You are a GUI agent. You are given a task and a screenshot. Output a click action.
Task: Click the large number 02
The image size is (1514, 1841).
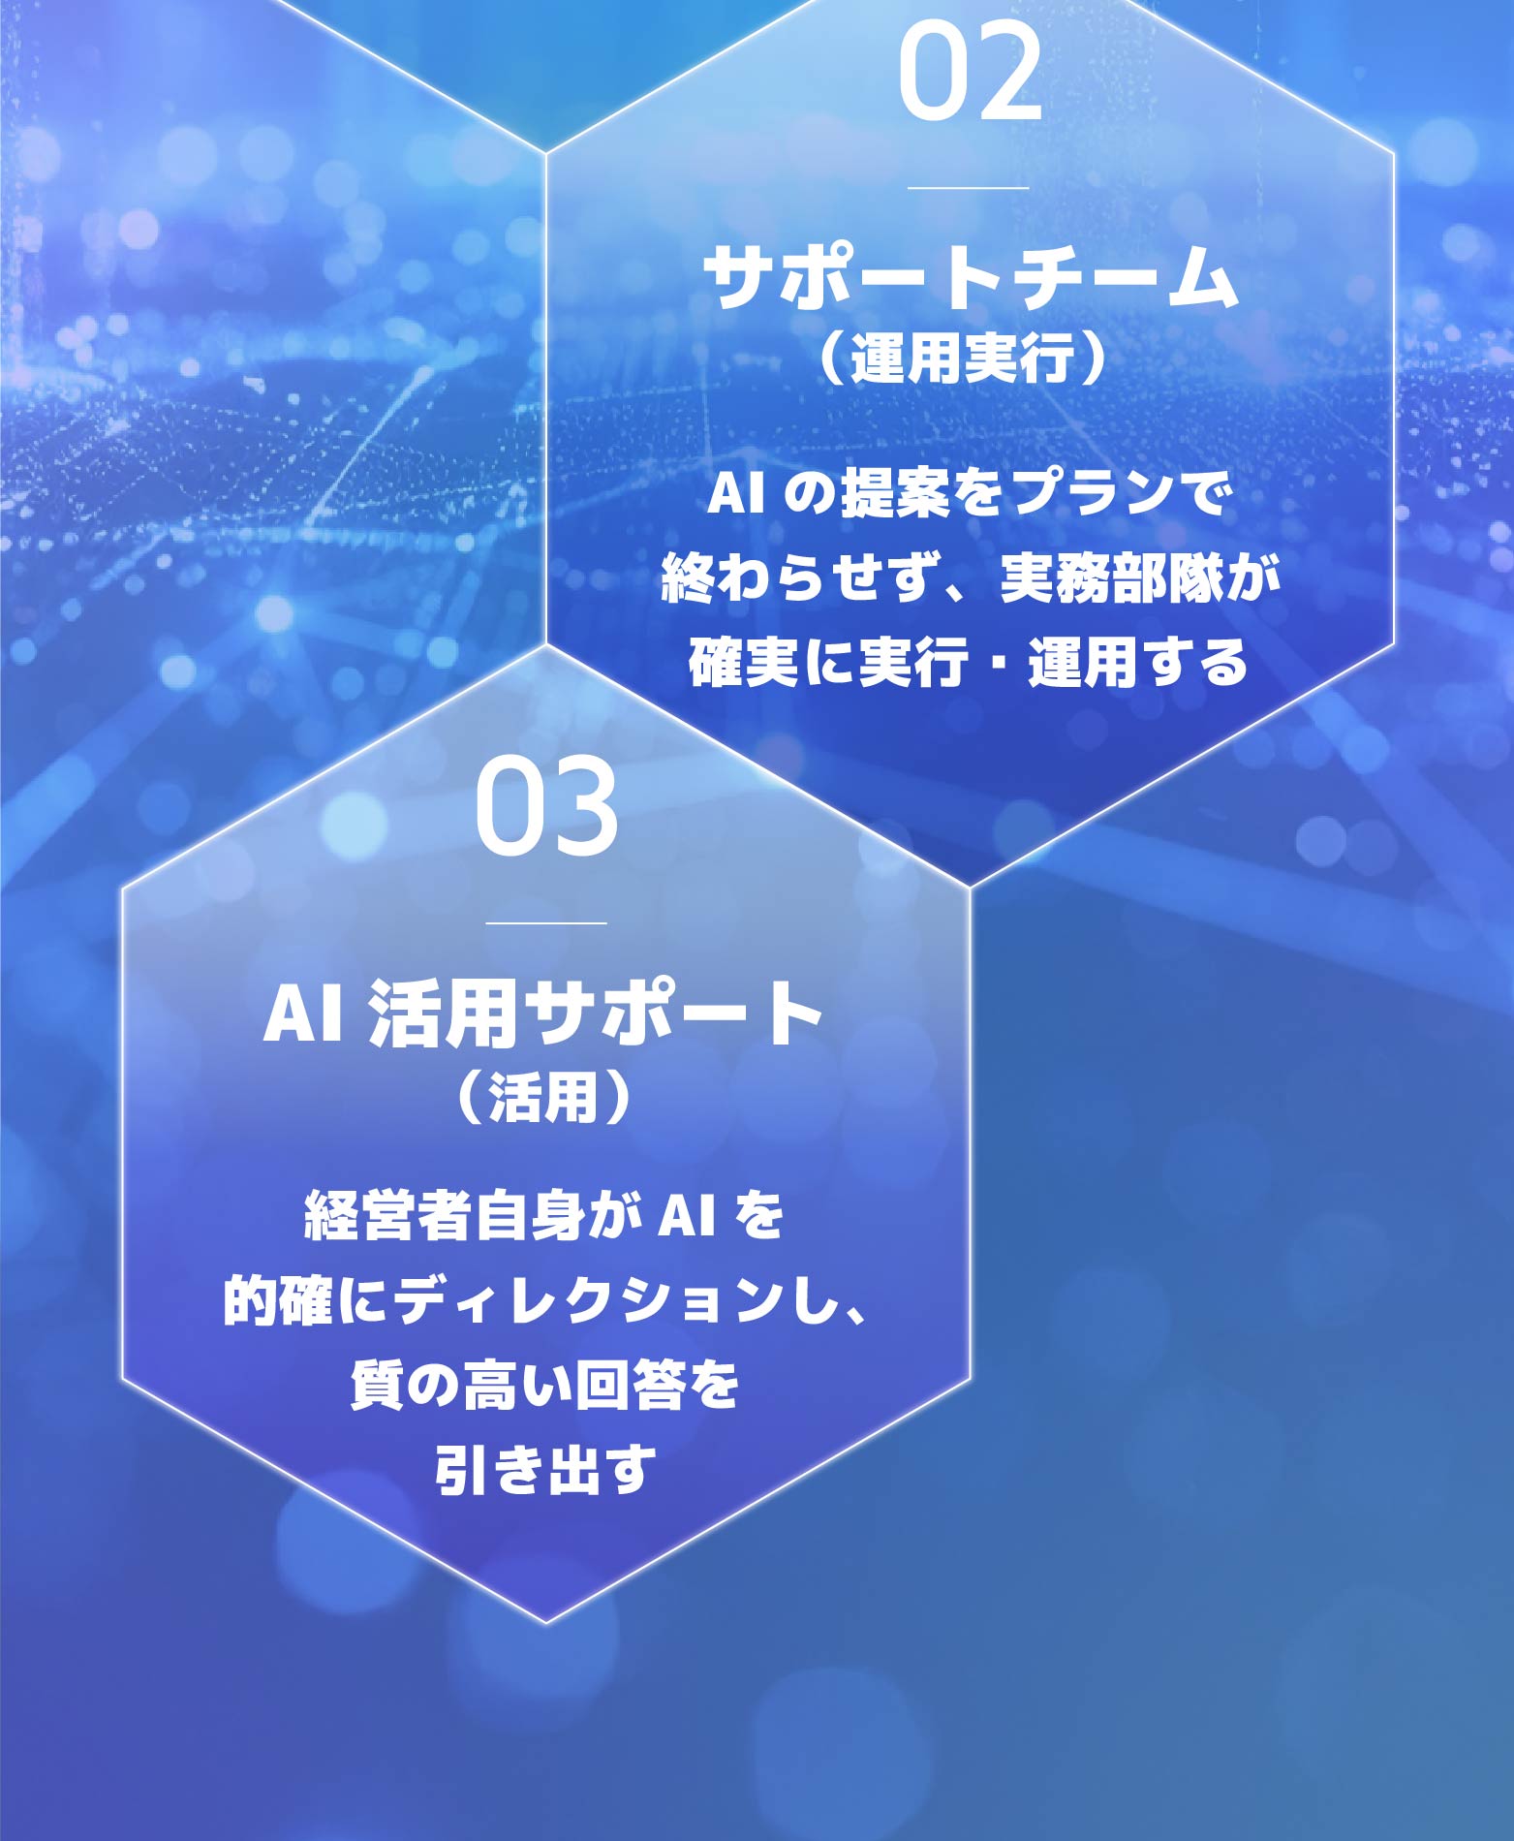(970, 73)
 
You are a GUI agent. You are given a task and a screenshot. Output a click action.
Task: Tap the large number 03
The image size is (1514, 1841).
(546, 806)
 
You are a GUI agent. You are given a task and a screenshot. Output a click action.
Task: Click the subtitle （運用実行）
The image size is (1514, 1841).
(961, 359)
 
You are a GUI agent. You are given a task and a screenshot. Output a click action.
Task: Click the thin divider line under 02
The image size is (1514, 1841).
(968, 188)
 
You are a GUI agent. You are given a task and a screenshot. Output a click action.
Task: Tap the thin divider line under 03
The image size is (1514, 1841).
(546, 923)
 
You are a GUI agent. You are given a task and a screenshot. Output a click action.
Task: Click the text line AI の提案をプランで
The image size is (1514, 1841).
(969, 493)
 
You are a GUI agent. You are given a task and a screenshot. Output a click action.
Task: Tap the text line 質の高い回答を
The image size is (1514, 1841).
(545, 1386)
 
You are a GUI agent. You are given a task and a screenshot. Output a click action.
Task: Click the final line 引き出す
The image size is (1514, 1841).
(545, 1470)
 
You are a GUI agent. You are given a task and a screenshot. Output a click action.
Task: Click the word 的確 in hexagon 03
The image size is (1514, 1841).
(278, 1301)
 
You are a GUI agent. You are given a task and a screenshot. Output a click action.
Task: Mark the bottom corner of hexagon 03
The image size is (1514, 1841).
(545, 1622)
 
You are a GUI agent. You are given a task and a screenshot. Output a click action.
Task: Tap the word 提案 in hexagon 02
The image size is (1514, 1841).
(894, 493)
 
